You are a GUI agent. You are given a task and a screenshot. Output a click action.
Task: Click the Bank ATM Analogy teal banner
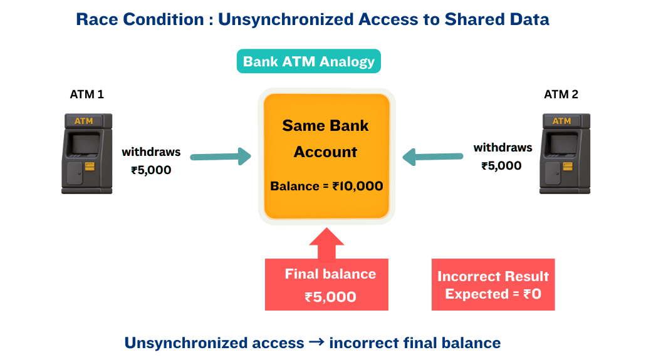[x=308, y=61]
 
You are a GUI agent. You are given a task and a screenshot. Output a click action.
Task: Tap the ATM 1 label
[x=86, y=95]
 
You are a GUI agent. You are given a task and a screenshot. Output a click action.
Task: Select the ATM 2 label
[x=561, y=95]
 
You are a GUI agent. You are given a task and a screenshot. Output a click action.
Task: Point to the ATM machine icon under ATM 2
[x=565, y=153]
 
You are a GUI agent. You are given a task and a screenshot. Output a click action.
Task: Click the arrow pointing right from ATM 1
[x=220, y=157]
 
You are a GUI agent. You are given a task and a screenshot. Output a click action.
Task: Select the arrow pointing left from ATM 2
[x=433, y=157]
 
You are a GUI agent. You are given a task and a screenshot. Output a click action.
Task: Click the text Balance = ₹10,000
[x=326, y=186]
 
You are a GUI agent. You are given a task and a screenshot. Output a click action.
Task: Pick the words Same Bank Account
[x=326, y=138]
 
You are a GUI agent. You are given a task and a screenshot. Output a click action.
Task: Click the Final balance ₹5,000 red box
[x=326, y=285]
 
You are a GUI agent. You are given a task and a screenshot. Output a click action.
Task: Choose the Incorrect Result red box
[x=493, y=285]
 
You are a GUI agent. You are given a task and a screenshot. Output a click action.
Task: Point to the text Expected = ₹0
[x=493, y=294]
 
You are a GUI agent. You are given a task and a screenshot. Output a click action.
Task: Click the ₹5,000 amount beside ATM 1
[x=151, y=170]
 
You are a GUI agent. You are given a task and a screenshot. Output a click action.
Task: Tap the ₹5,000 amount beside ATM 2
[x=501, y=166]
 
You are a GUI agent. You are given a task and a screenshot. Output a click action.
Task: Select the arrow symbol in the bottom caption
[x=316, y=342]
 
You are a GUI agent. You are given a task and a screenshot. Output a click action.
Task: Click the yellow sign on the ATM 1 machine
[x=84, y=121]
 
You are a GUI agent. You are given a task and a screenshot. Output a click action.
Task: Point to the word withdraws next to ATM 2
[x=503, y=148]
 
